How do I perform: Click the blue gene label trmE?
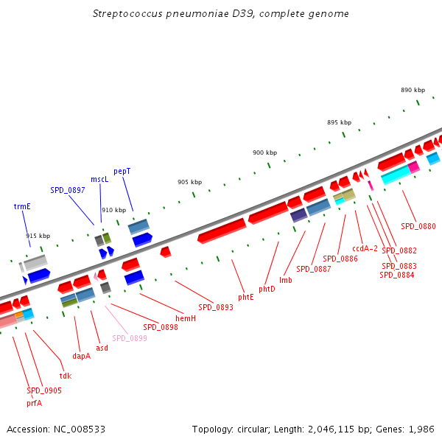(22, 206)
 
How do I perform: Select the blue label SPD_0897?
(68, 191)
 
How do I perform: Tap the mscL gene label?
(99, 180)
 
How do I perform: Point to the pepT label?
(122, 172)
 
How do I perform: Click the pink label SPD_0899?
(130, 338)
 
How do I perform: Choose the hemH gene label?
(186, 318)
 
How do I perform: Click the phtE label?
(246, 298)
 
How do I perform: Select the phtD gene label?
(267, 290)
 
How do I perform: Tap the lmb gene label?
(286, 280)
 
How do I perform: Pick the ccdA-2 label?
(365, 249)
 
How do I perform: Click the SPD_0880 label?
(418, 226)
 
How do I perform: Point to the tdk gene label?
(66, 376)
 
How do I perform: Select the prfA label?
(35, 404)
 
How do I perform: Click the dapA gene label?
(82, 357)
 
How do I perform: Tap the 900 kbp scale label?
(264, 152)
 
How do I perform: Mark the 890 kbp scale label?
(413, 90)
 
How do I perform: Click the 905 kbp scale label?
(190, 183)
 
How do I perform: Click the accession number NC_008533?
(80, 429)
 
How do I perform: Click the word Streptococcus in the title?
(127, 14)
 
